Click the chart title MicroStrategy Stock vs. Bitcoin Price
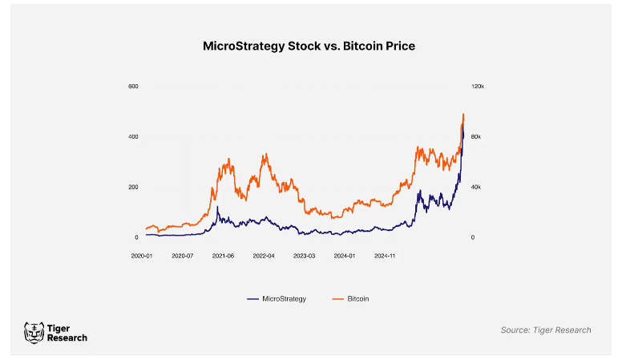(309, 47)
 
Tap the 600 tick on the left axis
(133, 86)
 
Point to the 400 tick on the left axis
(133, 136)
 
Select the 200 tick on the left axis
(133, 187)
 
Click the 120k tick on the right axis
(477, 86)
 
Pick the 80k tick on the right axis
(475, 136)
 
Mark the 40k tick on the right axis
(475, 187)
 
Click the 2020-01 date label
(143, 256)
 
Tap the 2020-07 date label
(184, 256)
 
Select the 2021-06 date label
(224, 256)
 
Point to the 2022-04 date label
(265, 256)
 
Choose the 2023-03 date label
(305, 256)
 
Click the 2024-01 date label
(345, 256)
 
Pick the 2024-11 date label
(386, 256)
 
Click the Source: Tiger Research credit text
(545, 330)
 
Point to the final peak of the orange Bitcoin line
(463, 114)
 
